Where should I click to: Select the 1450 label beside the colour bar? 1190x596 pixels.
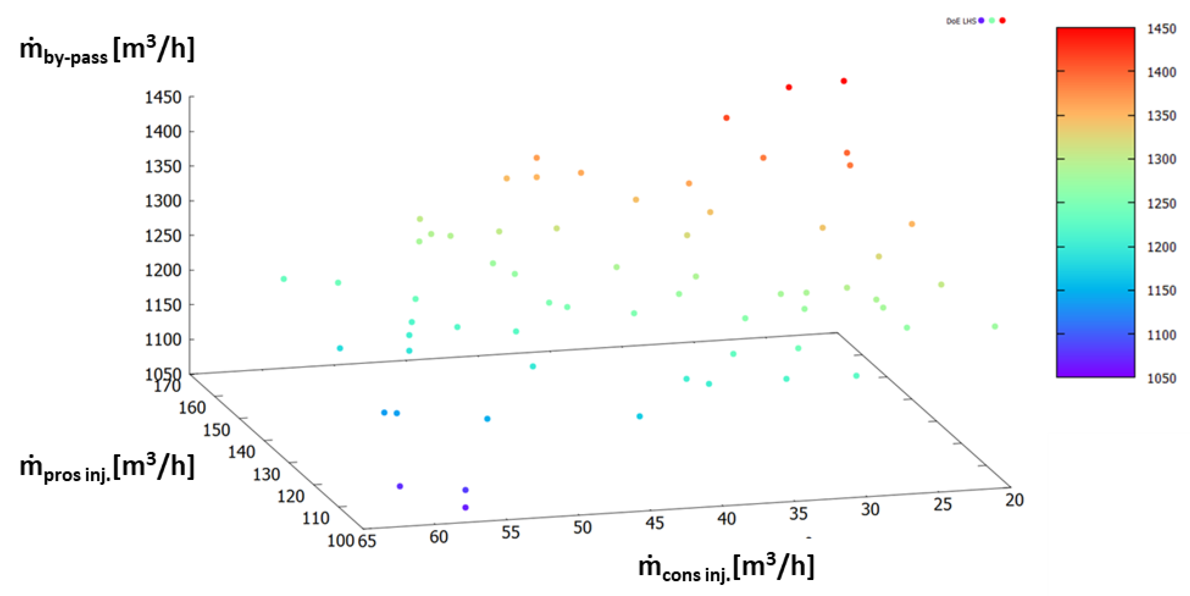coord(1161,29)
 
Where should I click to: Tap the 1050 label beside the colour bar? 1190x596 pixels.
coord(1161,378)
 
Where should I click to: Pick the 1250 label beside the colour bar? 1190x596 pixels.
coord(1161,203)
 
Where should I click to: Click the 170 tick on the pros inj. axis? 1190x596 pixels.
coord(167,386)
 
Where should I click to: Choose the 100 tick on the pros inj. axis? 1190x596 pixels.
coord(340,540)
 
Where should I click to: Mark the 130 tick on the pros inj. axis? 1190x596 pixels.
coord(266,475)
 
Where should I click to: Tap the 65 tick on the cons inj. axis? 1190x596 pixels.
coord(367,541)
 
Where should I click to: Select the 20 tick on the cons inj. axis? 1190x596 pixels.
coord(1015,500)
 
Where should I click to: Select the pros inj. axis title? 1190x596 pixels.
coord(107,468)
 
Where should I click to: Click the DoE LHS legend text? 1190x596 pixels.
coord(961,21)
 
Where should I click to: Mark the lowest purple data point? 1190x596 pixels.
coord(465,507)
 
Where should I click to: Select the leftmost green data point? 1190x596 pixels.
coord(284,279)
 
